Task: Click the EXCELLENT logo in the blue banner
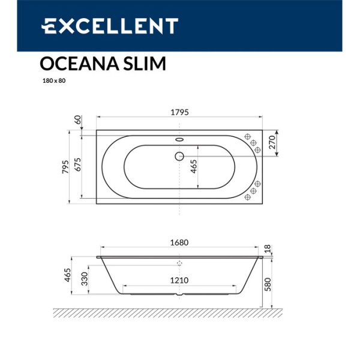[x=110, y=26]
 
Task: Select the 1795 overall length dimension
[x=181, y=112]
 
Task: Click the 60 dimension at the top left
[x=77, y=119]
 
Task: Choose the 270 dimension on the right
[x=271, y=143]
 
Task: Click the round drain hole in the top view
[x=179, y=157]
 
